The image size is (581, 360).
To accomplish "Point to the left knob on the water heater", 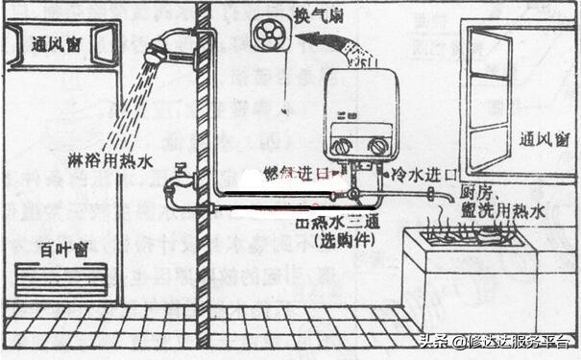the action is coord(343,146).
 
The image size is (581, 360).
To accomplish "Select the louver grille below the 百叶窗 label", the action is coord(62,281).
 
